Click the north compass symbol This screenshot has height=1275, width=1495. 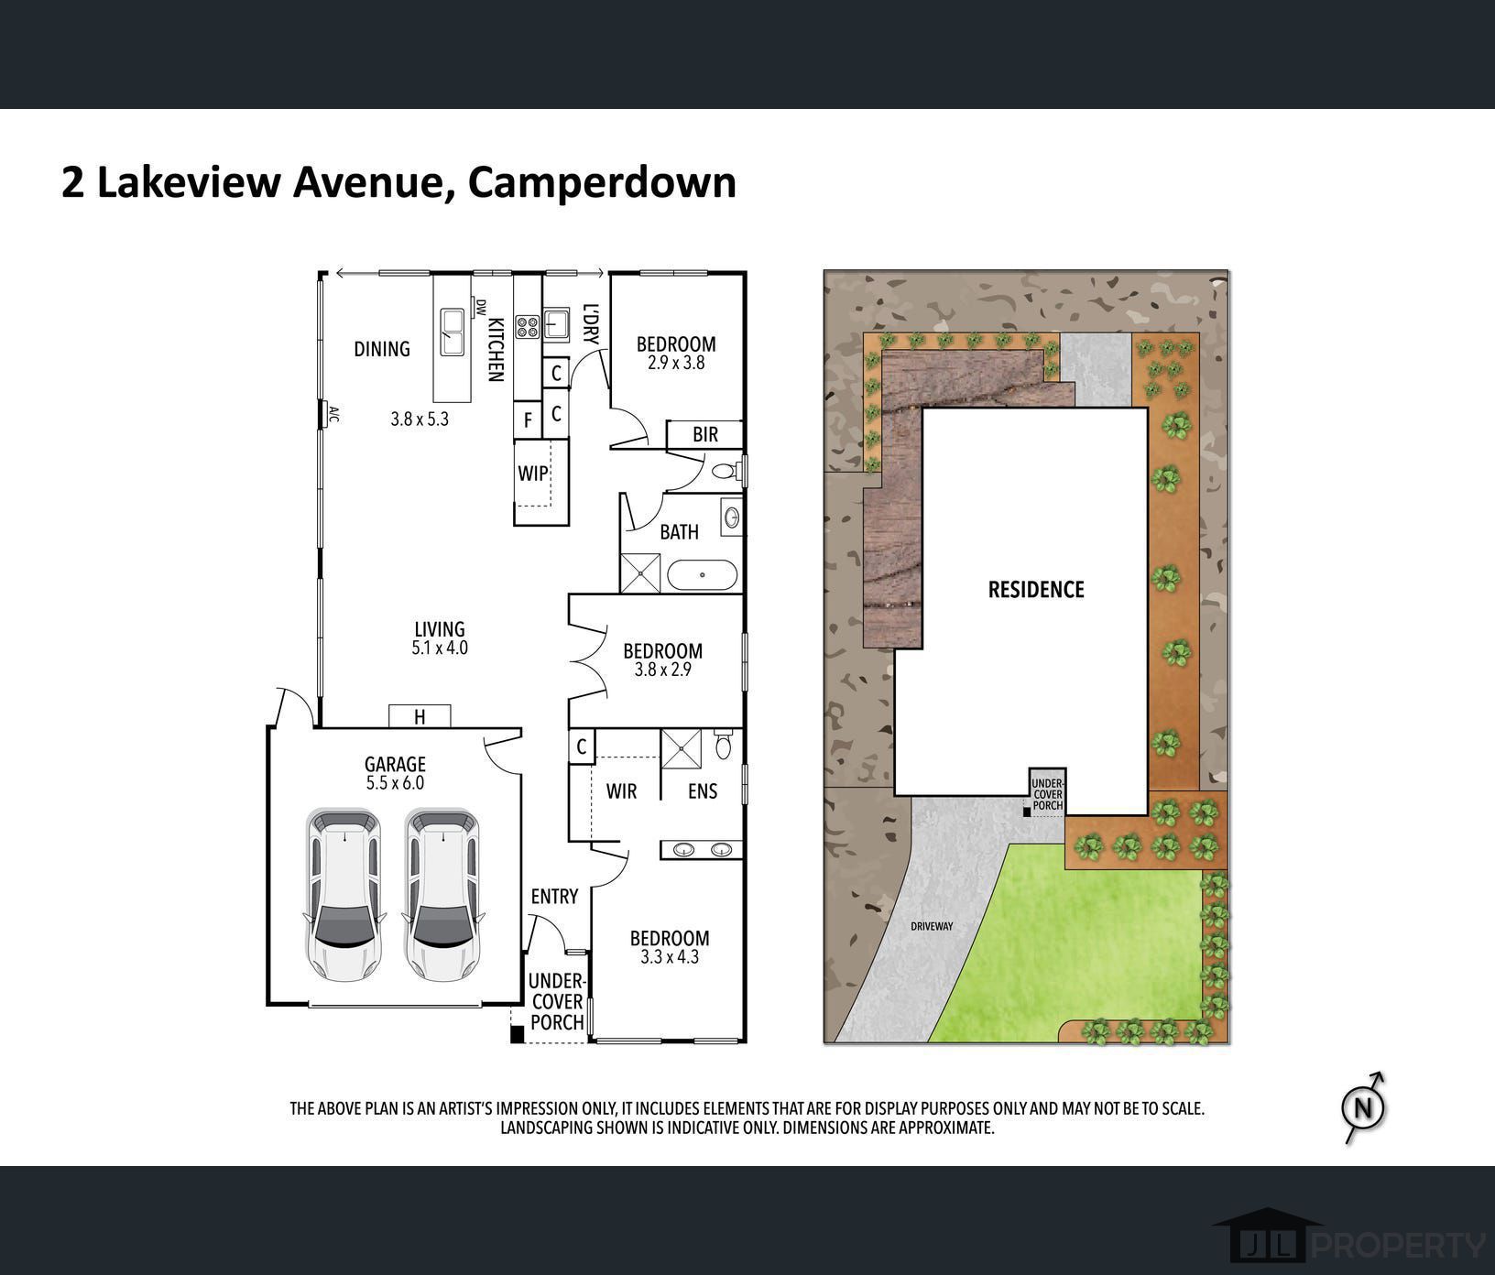1364,1107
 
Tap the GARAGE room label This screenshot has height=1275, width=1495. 395,764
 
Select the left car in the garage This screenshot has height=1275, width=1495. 344,895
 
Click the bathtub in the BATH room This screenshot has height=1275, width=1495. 702,575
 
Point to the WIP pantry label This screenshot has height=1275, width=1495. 533,474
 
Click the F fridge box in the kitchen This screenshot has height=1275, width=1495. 528,420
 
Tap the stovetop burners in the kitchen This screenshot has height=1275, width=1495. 527,326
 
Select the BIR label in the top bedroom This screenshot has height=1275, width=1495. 705,434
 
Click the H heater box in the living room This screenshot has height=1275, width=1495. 420,716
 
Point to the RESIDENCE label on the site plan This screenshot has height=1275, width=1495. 1036,589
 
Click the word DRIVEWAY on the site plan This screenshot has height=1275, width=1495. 932,926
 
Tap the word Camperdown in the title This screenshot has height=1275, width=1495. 602,181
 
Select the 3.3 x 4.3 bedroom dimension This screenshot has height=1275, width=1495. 669,957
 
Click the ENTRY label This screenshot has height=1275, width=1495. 554,896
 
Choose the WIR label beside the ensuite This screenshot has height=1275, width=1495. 621,790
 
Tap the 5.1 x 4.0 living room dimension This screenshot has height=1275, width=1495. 440,648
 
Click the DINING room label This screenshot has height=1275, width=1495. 382,348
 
